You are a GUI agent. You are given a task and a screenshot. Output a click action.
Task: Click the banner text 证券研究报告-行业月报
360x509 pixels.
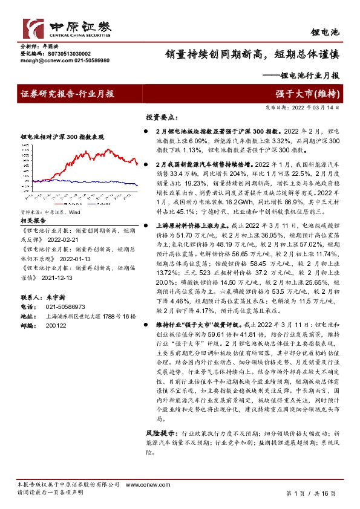(67, 94)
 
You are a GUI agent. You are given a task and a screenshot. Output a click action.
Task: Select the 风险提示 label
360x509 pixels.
(161, 433)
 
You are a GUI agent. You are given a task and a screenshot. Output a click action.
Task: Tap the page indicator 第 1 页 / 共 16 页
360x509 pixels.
(310, 493)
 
